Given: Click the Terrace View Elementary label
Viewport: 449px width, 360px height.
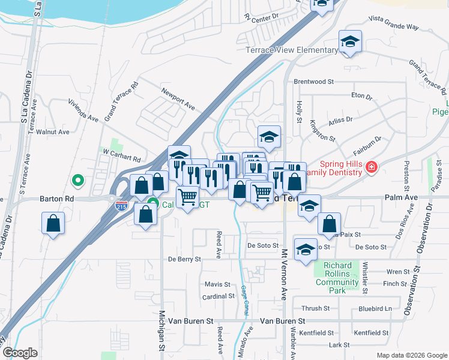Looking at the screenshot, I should click(292, 50).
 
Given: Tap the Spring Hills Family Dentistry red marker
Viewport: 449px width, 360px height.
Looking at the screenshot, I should click(372, 166).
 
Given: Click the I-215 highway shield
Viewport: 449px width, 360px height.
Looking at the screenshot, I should click(121, 205).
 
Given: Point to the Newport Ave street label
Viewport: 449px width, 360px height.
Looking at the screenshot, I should click(178, 98).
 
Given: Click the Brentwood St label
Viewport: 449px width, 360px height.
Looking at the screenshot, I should click(313, 82).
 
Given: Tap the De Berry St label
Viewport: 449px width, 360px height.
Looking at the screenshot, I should click(184, 259).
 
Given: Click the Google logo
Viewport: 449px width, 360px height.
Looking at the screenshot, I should click(20, 353).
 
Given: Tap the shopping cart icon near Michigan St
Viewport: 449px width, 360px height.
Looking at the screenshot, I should click(188, 196).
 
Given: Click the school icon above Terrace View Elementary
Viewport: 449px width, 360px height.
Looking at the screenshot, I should click(350, 41).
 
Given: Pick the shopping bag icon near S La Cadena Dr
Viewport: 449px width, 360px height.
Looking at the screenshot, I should click(53, 224).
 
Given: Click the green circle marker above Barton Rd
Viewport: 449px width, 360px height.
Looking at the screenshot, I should click(77, 179).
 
